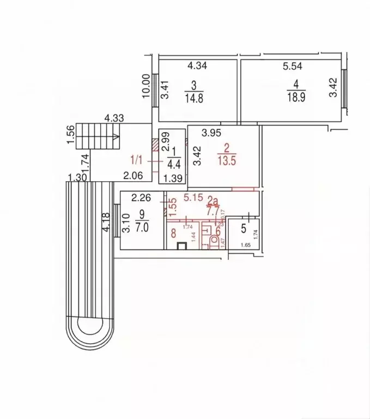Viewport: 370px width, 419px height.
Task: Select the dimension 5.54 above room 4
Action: tap(292, 67)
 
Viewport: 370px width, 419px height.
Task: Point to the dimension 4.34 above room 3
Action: tap(197, 67)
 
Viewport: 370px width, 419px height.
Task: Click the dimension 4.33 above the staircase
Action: tap(114, 117)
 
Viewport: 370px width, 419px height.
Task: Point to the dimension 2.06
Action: tap(132, 175)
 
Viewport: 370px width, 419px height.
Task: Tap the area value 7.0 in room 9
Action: tap(142, 229)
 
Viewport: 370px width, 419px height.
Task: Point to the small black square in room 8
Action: tap(183, 245)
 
